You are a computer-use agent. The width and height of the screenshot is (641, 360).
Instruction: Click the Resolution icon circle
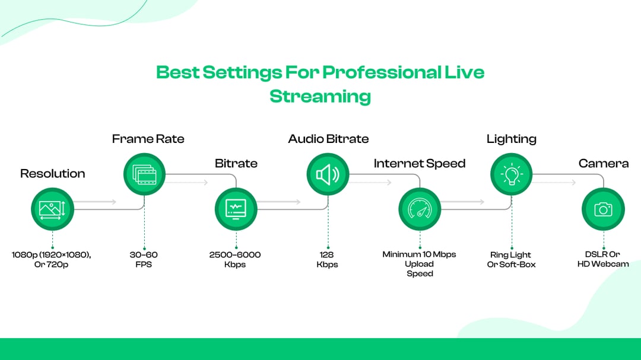[x=52, y=209]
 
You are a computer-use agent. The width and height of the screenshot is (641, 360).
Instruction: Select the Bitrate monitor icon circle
[x=236, y=209]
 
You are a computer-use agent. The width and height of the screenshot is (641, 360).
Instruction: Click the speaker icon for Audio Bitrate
[x=328, y=174]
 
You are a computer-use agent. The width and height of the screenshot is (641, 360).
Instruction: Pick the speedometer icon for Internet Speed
[x=420, y=209]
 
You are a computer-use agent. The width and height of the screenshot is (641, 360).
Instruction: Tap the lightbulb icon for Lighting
[x=511, y=174]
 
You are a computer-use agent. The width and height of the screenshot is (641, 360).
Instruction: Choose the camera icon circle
[x=603, y=209]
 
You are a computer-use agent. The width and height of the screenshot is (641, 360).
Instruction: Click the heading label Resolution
[x=52, y=174]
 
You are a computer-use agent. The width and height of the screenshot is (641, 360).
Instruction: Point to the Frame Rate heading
[x=148, y=139]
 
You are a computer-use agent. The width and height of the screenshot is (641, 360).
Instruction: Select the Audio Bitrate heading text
[x=328, y=139]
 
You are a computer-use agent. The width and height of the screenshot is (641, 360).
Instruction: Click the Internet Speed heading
[x=419, y=164]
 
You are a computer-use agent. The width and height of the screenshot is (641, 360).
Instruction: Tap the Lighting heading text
[x=511, y=139]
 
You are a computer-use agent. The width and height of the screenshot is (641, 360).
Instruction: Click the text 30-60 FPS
[x=144, y=259]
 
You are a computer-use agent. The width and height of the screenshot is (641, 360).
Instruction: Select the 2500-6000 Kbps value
[x=235, y=259]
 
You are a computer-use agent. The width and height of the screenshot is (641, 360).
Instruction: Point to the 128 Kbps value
[x=327, y=259]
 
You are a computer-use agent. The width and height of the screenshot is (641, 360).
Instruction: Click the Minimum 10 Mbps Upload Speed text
[x=419, y=264]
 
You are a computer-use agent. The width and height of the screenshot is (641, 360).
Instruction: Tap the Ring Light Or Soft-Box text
[x=511, y=259]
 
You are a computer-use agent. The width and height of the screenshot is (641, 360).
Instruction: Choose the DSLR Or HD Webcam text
[x=603, y=259]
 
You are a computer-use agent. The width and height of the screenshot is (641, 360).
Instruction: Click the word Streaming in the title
[x=320, y=96]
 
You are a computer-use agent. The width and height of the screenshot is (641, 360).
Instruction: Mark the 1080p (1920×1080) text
[x=51, y=254]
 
